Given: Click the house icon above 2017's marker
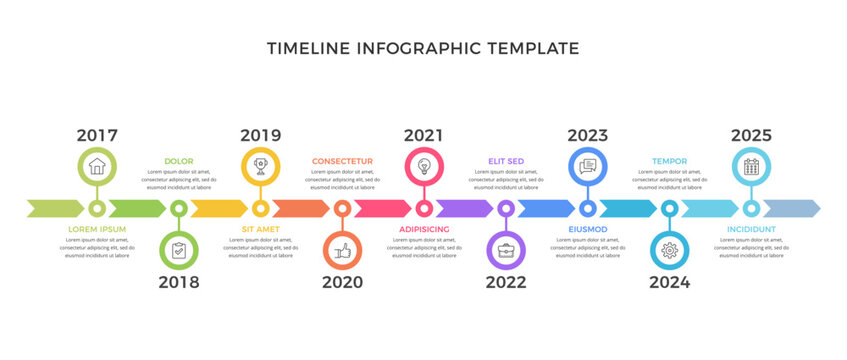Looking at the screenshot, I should point(97,166).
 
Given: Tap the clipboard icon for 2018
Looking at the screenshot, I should point(179,250).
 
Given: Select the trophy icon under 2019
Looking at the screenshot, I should point(261,166).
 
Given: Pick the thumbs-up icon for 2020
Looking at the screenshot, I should point(342,250).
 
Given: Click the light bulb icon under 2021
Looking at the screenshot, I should point(424,166).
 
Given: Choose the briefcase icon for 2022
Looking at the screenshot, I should point(506,250).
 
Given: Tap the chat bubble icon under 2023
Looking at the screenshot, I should point(588,166).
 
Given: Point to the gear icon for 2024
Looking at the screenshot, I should point(669,250).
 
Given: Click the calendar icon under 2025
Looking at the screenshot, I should point(751,166).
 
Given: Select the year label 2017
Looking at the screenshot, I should point(97,135).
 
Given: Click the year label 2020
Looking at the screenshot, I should point(342,282).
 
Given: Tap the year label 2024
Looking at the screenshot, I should point(669,282).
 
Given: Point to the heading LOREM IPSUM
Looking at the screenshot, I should point(97,229).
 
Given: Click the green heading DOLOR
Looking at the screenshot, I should point(179,161).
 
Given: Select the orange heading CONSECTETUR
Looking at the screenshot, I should point(342,161).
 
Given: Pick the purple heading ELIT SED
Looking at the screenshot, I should point(506,161).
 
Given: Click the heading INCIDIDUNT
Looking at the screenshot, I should point(751,229).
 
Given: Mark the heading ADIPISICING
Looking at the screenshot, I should point(424,229).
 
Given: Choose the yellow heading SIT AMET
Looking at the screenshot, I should point(261,229).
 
